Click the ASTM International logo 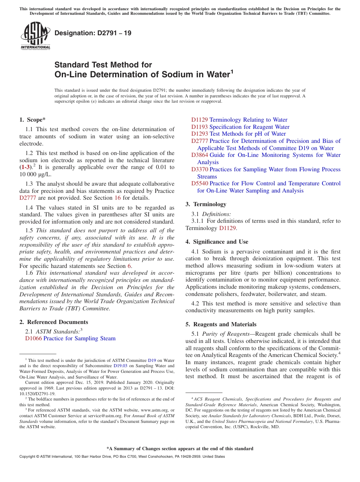[x=35, y=36]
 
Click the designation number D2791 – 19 [x=93, y=33]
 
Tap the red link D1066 [x=33, y=338]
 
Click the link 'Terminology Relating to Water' [x=248, y=120]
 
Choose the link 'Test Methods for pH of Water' [x=247, y=134]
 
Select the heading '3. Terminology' [x=206, y=204]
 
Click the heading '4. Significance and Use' [x=217, y=242]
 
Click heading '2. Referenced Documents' [x=54, y=322]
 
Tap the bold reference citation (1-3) [x=26, y=167]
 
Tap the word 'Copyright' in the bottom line [x=28, y=457]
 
